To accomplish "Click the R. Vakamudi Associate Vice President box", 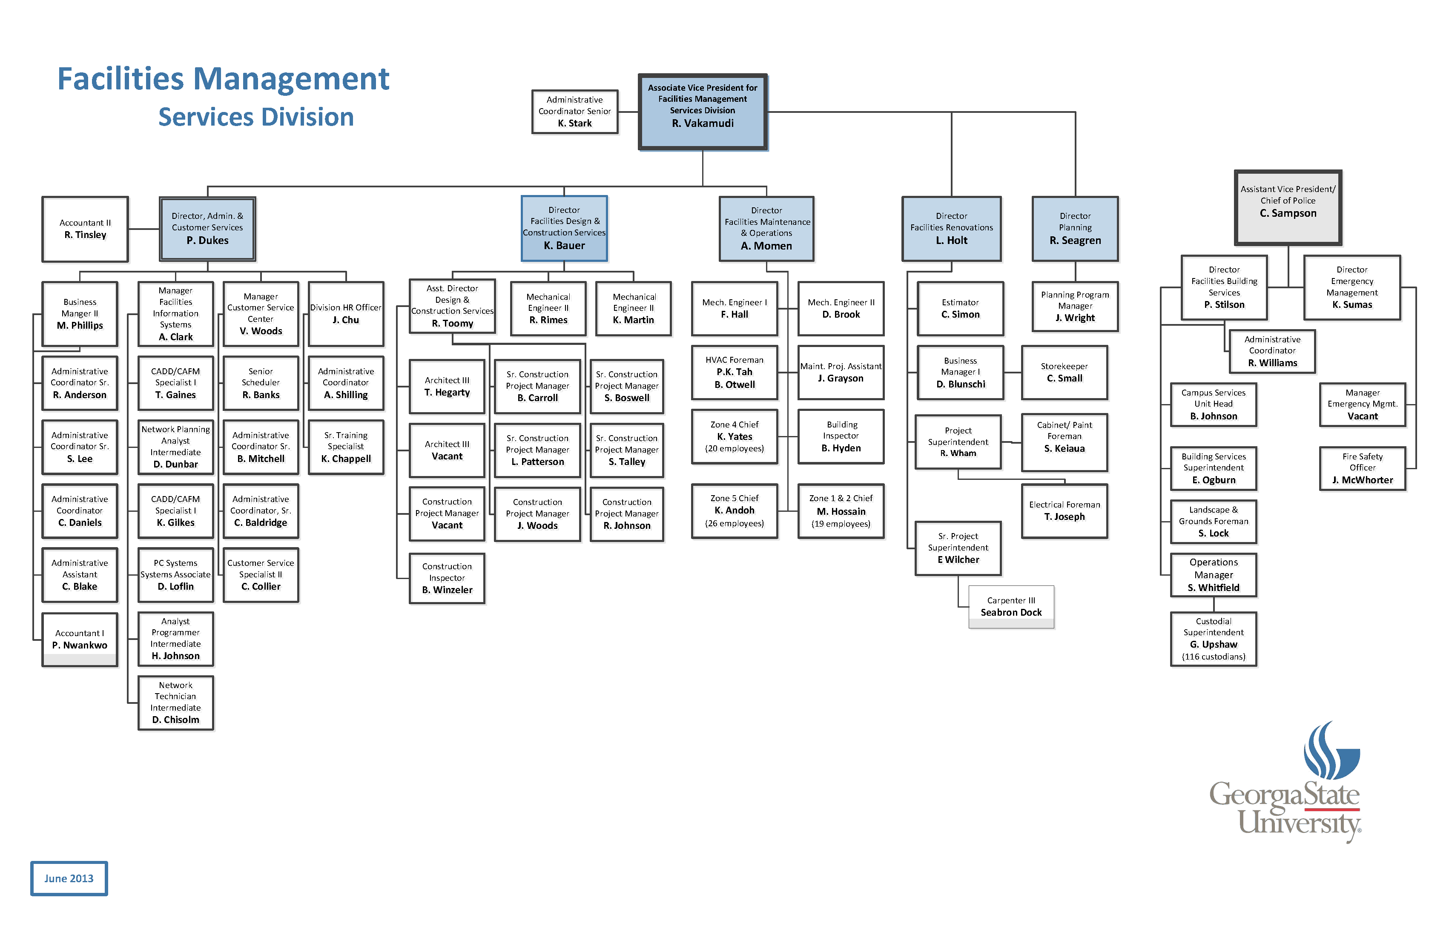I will coord(702,112).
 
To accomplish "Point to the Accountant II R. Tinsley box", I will coord(85,229).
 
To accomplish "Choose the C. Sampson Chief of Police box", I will coord(1288,207).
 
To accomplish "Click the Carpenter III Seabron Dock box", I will coord(1011,606).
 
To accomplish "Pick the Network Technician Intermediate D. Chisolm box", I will coord(175,703).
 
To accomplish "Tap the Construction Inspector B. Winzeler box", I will coord(447,578).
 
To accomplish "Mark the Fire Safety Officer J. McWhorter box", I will coord(1362,468).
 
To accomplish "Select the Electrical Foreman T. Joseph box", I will coord(1064,511).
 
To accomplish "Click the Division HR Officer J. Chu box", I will coord(345,313).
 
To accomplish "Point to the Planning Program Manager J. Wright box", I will coord(1075,306).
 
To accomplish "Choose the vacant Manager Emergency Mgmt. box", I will coord(1362,404).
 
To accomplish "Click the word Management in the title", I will coord(291,79).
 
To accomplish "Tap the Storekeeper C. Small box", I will coord(1064,372).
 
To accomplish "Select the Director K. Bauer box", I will coord(564,228).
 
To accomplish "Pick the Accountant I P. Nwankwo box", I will coord(79,639).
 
